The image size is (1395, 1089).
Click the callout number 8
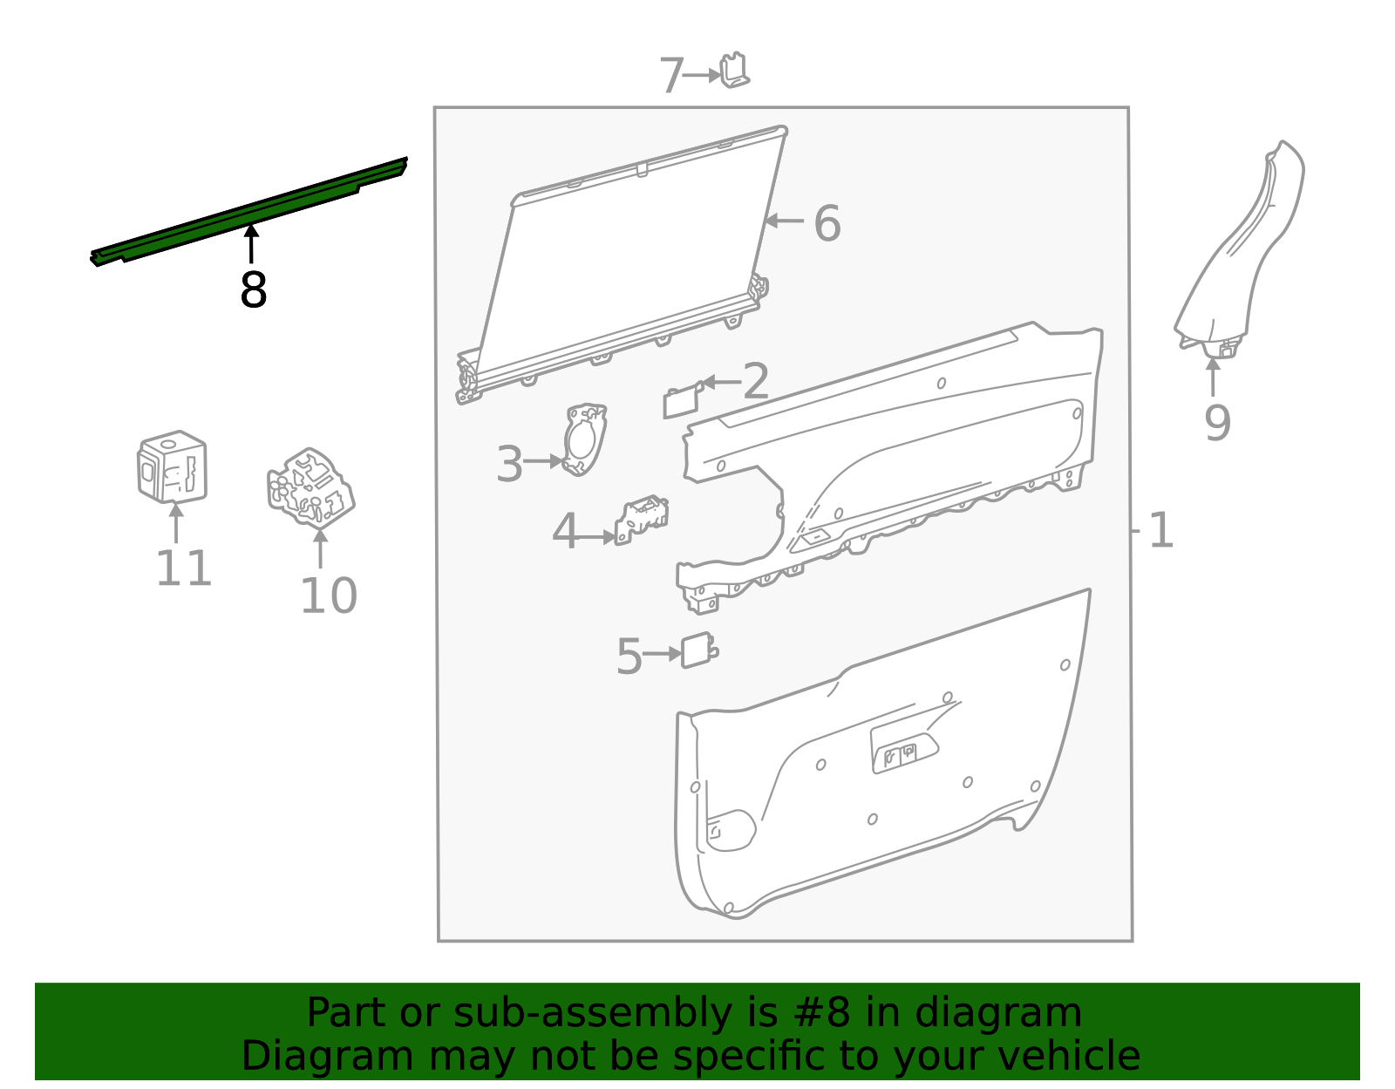pos(254,290)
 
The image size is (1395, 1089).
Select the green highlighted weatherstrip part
pos(249,212)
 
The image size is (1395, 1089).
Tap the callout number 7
pos(671,76)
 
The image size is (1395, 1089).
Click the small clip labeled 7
pos(734,70)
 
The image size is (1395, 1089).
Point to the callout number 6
pos(827,223)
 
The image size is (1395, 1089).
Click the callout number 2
pos(756,380)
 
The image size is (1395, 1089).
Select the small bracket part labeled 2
pos(682,400)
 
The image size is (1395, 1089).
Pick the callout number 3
pos(510,464)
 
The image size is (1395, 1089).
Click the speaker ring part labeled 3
pos(584,439)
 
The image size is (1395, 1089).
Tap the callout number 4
pos(565,531)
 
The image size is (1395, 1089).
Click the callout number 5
pos(629,657)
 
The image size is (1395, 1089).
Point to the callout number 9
pos(1217,423)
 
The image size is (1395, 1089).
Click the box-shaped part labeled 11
pos(172,466)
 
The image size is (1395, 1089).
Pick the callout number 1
pos(1161,531)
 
